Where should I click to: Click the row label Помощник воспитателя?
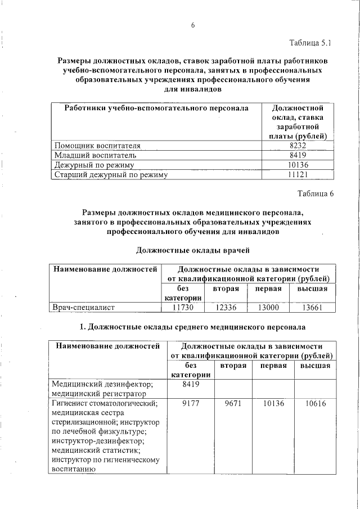96,145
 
